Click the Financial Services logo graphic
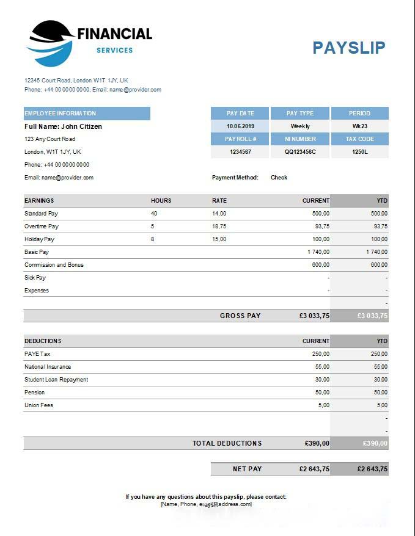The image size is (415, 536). click(50, 43)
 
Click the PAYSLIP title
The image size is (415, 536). click(348, 48)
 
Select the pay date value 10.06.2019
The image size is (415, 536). click(240, 126)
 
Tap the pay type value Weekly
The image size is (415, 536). click(300, 126)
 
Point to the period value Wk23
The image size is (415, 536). click(359, 126)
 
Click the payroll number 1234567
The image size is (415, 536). click(240, 152)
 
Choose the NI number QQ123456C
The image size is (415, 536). click(300, 152)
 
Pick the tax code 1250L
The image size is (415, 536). click(359, 152)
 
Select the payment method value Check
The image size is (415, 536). click(279, 178)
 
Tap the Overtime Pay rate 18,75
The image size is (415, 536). click(219, 226)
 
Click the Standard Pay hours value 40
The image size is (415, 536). click(154, 214)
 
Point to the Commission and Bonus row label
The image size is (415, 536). click(54, 265)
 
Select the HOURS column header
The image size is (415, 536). click(161, 200)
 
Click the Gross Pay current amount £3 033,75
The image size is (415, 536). click(314, 316)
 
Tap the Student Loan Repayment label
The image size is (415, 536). click(56, 380)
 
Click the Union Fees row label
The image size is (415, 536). click(39, 405)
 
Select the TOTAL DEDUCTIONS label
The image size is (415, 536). click(227, 443)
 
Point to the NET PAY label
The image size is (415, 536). click(247, 469)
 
